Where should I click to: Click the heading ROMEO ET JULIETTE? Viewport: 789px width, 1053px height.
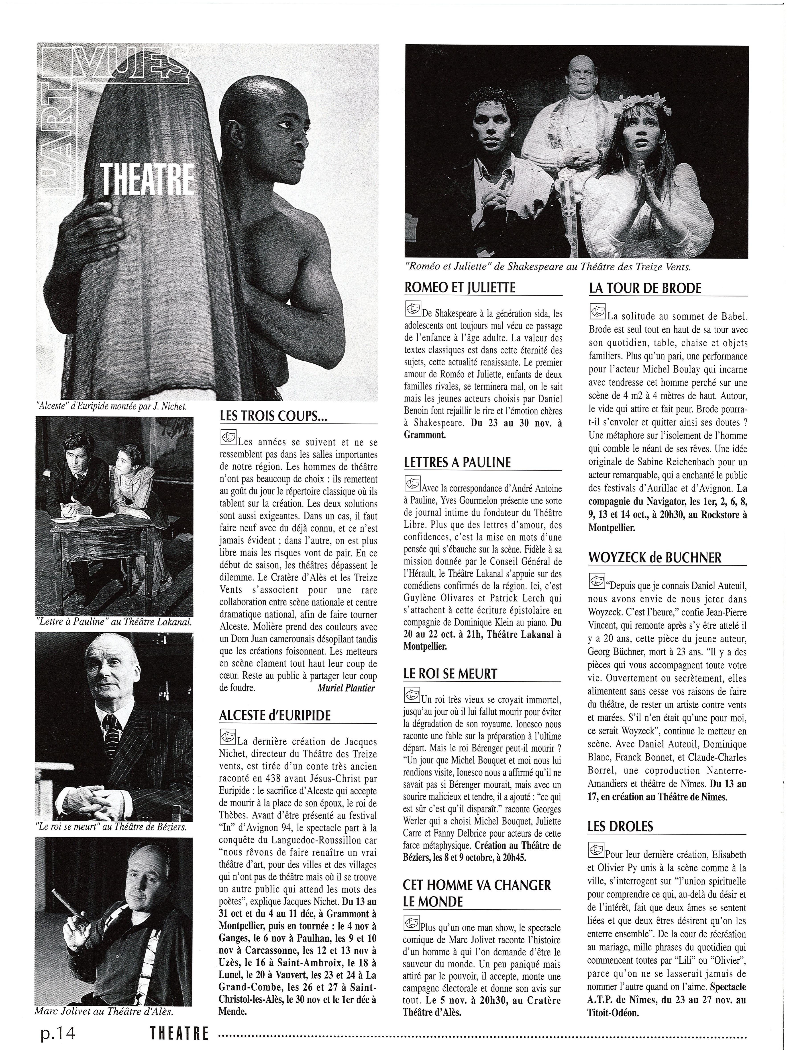[x=459, y=288]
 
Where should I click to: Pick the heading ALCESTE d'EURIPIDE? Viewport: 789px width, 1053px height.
[x=275, y=716]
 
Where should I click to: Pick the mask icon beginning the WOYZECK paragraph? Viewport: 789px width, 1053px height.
[x=596, y=581]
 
